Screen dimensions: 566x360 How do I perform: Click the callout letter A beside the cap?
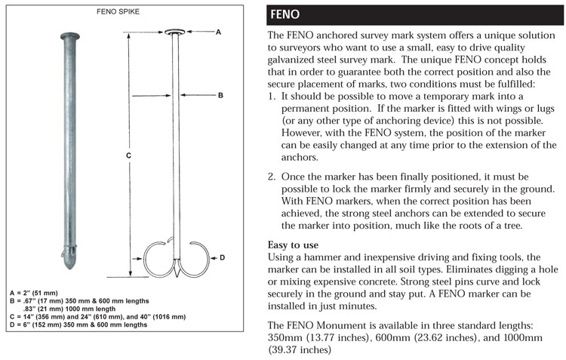tap(218, 32)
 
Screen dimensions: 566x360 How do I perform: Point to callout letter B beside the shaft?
tap(220, 96)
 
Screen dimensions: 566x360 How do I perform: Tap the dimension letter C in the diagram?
tap(128, 156)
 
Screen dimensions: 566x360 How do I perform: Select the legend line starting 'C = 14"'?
tap(97, 316)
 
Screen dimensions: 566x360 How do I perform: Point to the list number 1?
tap(272, 97)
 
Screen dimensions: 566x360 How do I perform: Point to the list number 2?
tap(272, 177)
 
